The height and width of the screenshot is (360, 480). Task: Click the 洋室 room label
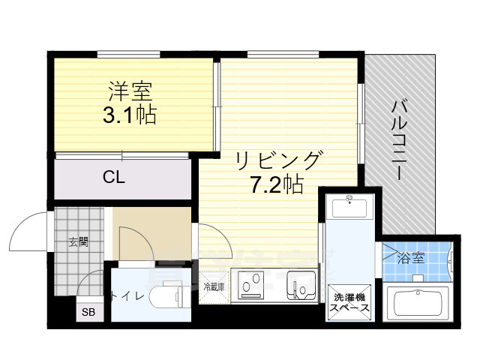coord(130,93)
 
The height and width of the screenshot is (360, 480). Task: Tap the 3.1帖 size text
coord(130,115)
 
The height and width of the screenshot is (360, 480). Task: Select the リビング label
coord(278,160)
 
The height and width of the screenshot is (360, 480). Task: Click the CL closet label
coord(114,178)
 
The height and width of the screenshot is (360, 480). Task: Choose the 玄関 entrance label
coord(79,241)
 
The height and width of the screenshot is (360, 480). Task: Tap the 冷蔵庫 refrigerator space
coord(214,287)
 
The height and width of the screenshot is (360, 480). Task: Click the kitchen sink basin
coord(304,286)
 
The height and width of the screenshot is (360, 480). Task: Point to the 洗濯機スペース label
coord(351,302)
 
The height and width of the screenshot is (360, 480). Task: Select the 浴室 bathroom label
coord(410,259)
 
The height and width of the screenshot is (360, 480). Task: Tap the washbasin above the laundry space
coord(350,207)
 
